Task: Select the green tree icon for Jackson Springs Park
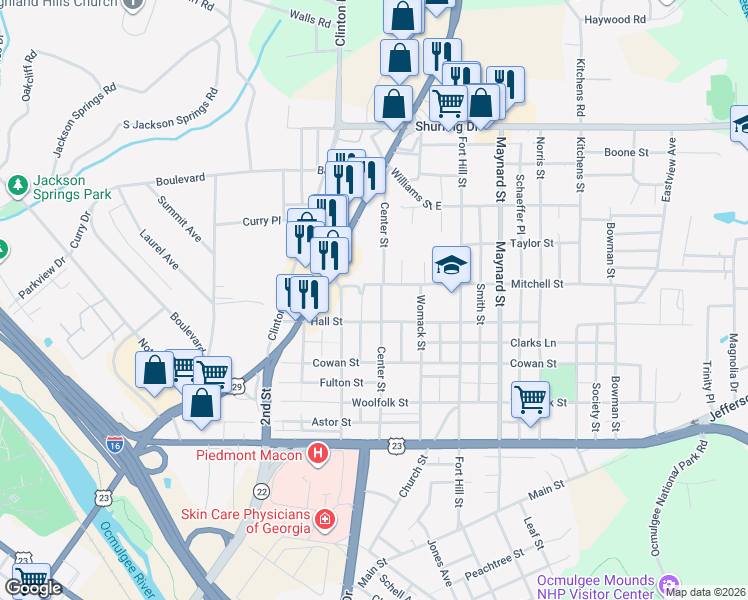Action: (17, 186)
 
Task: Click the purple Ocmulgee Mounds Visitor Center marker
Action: (668, 583)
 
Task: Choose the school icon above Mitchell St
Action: (451, 266)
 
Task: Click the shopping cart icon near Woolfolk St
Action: (529, 398)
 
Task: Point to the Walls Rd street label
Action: (308, 19)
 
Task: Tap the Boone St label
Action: (627, 153)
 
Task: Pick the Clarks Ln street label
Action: (532, 343)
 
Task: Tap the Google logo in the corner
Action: (33, 588)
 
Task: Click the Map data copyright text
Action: (705, 592)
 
